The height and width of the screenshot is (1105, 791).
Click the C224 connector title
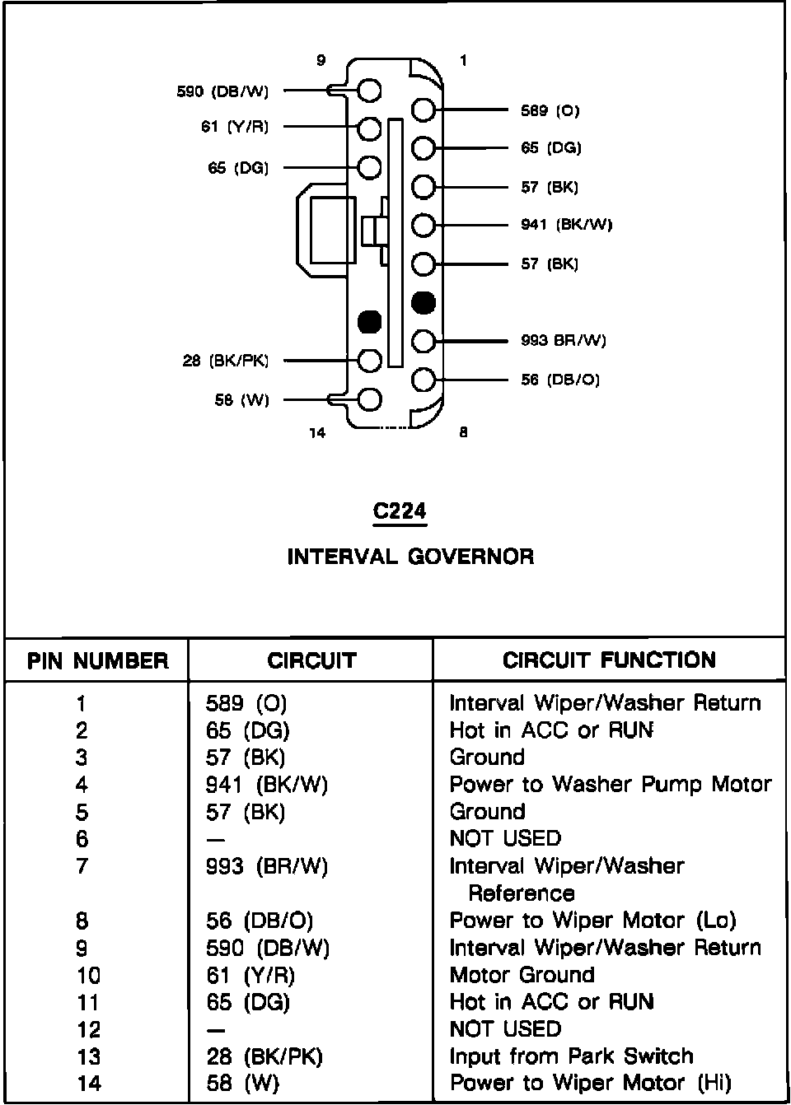point(400,511)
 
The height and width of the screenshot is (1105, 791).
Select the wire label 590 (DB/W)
point(222,91)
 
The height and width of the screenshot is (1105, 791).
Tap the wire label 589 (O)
point(550,110)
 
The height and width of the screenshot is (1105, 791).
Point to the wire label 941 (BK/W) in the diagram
point(566,225)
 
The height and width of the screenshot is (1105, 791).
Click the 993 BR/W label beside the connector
point(563,340)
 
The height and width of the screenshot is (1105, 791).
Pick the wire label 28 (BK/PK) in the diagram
point(226,361)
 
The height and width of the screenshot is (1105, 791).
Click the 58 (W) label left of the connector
point(241,401)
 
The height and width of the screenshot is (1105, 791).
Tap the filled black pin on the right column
point(423,303)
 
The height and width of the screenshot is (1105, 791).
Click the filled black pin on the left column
point(370,322)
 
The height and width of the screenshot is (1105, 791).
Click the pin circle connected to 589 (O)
point(423,110)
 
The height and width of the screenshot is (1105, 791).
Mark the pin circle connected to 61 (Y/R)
point(370,128)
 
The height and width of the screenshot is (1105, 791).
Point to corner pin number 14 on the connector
point(317,433)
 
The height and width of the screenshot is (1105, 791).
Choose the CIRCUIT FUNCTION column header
point(609,660)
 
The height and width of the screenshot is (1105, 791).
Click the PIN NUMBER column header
point(97,661)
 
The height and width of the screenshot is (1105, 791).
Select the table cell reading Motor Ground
point(522,975)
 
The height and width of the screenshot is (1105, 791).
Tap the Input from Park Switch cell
point(571,1056)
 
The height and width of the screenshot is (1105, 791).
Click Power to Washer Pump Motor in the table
point(610,785)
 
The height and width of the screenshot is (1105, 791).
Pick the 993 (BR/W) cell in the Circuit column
point(266,866)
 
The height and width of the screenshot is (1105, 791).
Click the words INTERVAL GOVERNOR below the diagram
point(410,557)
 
